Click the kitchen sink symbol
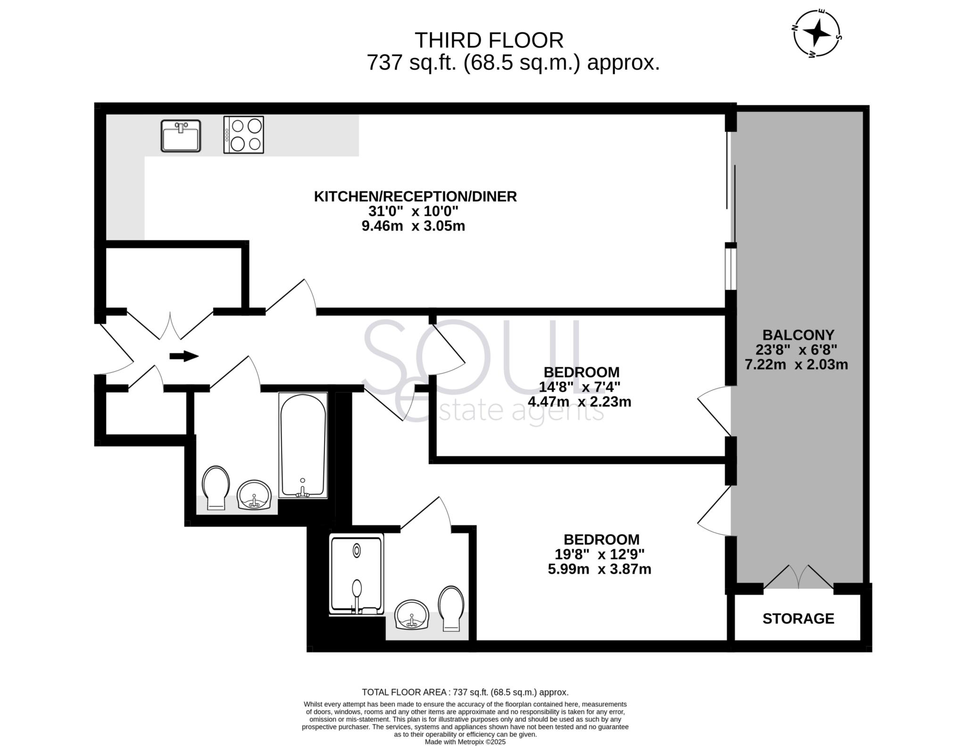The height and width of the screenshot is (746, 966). tap(181, 136)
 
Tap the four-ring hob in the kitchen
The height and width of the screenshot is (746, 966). tap(243, 135)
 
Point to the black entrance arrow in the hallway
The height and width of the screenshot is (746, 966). tap(183, 356)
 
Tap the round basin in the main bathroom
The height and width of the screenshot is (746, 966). tap(254, 495)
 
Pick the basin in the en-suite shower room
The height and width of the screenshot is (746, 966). tap(412, 615)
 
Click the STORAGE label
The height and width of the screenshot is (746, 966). tap(798, 618)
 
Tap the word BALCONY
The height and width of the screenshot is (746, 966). tap(798, 335)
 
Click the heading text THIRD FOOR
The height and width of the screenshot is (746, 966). tap(489, 41)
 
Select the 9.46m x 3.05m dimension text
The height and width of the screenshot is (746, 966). tap(413, 226)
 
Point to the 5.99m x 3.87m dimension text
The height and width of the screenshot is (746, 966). tap(599, 569)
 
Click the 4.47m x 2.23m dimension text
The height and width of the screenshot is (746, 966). tap(579, 402)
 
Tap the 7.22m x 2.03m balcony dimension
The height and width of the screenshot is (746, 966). tap(796, 365)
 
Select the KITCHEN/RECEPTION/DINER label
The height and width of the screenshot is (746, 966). tap(415, 197)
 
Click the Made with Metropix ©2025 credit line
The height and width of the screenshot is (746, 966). tap(465, 742)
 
